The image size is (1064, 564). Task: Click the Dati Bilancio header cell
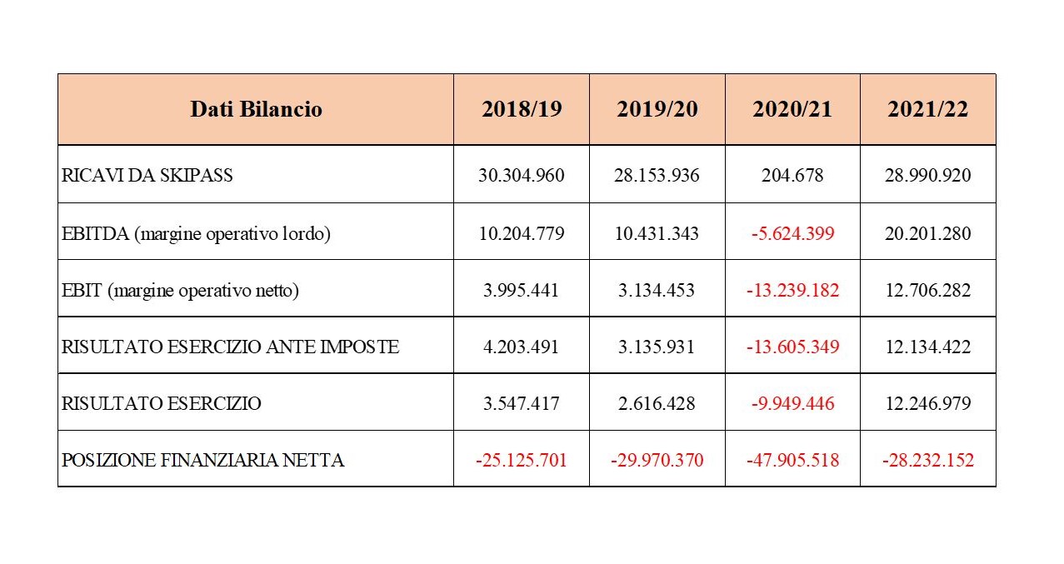point(256,109)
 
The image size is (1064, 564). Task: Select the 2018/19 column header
point(521,109)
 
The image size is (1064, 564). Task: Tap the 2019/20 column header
point(657,109)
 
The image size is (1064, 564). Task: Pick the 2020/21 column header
point(792,109)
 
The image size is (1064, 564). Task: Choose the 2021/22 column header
point(927,109)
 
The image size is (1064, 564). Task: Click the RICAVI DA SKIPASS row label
point(147,176)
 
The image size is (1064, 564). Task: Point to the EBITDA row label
point(197,233)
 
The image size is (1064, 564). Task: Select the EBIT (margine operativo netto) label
point(180,290)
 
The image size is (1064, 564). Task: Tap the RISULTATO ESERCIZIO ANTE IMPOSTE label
point(231,347)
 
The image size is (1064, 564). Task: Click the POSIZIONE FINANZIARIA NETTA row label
point(203,460)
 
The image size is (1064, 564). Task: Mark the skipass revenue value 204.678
point(792,176)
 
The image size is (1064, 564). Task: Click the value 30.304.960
point(521,176)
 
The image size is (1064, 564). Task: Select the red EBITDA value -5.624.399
point(792,233)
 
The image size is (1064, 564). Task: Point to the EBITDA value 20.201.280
point(927,233)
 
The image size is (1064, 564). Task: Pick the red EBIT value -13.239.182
point(792,290)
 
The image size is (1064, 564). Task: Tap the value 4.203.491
point(521,347)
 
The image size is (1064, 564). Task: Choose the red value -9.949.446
point(792,403)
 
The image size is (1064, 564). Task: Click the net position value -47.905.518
point(792,460)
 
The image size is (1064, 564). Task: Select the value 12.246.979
point(927,403)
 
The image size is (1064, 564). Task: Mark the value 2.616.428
point(657,403)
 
